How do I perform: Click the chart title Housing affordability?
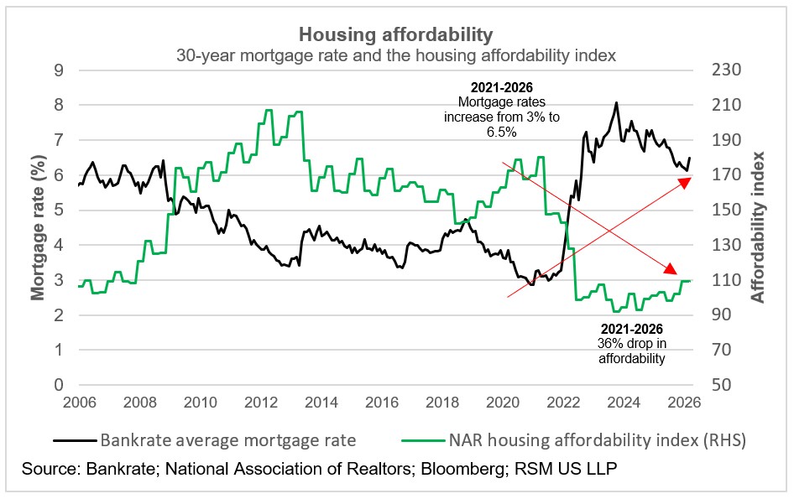click(x=396, y=34)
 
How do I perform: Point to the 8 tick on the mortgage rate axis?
click(x=59, y=105)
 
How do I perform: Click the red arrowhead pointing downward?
click(x=671, y=269)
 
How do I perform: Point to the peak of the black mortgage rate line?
click(x=617, y=103)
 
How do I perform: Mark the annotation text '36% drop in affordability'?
click(x=631, y=351)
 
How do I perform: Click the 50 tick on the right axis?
click(x=726, y=385)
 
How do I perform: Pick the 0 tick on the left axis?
click(x=59, y=385)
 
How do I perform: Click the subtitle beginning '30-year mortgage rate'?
click(x=396, y=55)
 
